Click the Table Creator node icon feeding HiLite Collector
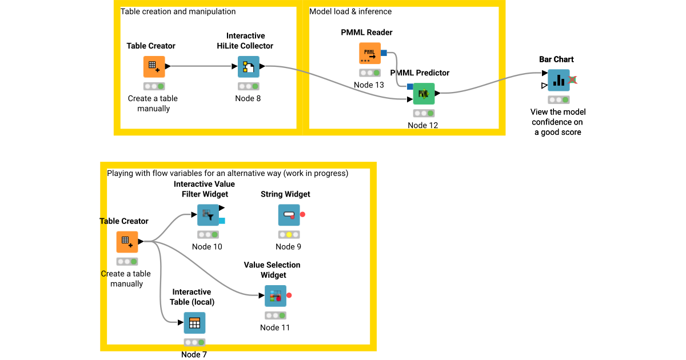(x=154, y=66)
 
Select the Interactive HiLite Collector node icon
(x=249, y=66)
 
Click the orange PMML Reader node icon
(x=369, y=53)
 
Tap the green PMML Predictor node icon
(x=424, y=93)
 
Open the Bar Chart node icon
(x=559, y=80)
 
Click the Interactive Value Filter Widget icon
(x=208, y=215)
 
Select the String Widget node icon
(x=289, y=215)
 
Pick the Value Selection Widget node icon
(x=275, y=295)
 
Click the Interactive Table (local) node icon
(x=194, y=323)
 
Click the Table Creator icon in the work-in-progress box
(x=127, y=242)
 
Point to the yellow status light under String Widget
(x=289, y=235)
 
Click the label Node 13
(x=369, y=85)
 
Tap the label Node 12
(x=423, y=125)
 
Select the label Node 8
(x=248, y=98)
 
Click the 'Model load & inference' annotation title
(x=350, y=11)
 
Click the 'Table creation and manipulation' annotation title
(x=178, y=11)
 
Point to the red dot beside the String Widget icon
(x=303, y=215)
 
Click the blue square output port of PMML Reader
(x=384, y=53)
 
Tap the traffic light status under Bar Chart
(x=559, y=99)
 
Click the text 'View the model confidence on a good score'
(x=557, y=122)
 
